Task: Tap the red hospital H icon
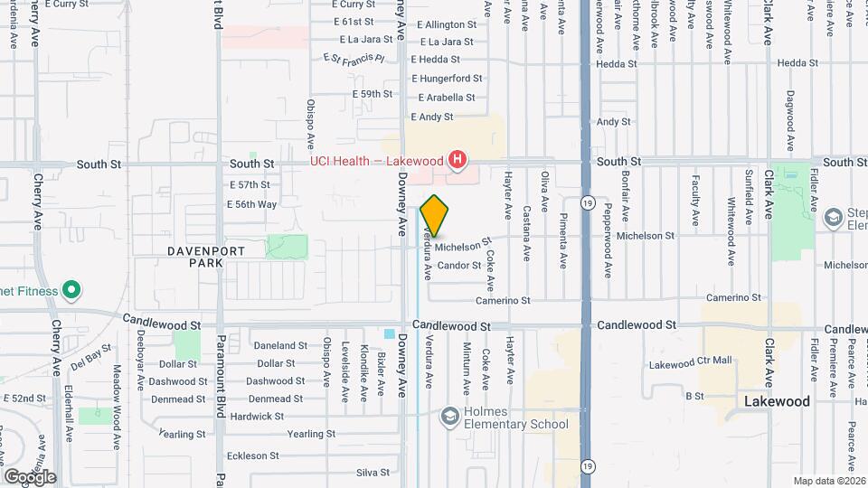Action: [x=458, y=162]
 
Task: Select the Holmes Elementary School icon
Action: [x=448, y=417]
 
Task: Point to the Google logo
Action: [x=30, y=476]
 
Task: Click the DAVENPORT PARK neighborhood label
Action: [x=193, y=256]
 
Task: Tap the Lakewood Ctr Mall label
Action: [x=691, y=363]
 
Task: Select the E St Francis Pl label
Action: [x=354, y=59]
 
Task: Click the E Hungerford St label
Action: [x=450, y=79]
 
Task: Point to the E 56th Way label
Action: [x=252, y=204]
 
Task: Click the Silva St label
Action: [x=373, y=472]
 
